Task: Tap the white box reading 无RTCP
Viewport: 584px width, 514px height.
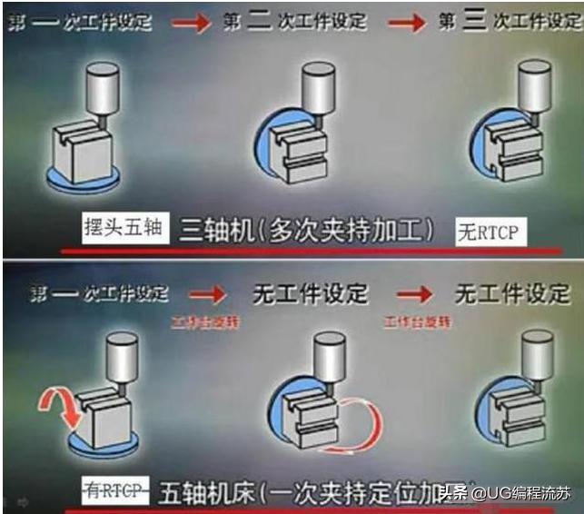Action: [x=490, y=232]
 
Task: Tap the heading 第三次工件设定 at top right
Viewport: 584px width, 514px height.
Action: [x=505, y=21]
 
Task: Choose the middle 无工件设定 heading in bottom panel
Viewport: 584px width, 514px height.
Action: [x=311, y=292]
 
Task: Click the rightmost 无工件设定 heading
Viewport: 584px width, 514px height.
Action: [x=512, y=292]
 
